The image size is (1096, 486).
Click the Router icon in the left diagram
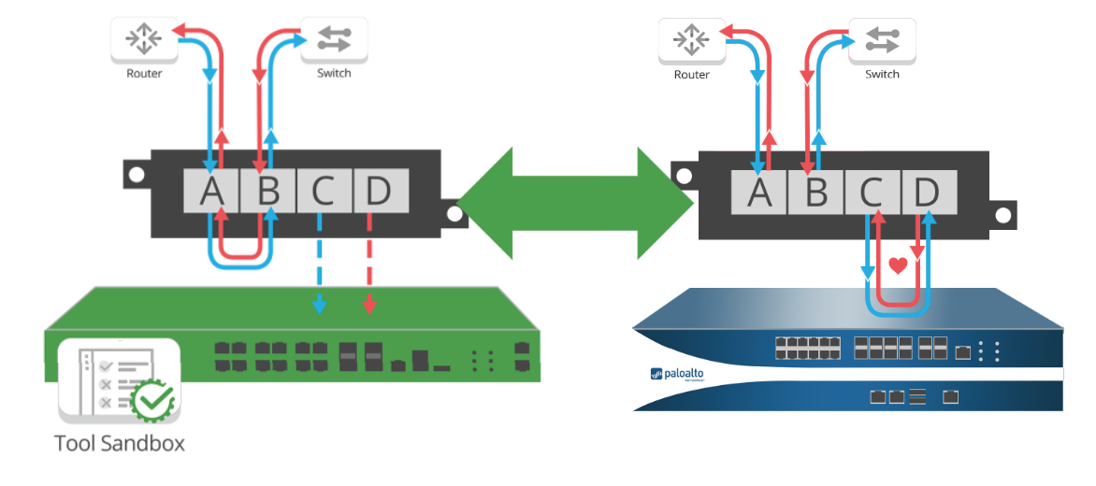tap(143, 38)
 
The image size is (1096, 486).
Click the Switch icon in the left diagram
tap(334, 38)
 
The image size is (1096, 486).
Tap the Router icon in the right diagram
tap(692, 40)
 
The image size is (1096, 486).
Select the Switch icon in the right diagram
tap(882, 40)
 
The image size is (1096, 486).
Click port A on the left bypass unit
tap(212, 191)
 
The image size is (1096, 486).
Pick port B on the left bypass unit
tap(268, 191)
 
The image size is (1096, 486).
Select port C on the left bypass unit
tap(324, 191)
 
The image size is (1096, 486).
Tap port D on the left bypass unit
tap(379, 191)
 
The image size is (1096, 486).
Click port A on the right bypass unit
tap(760, 193)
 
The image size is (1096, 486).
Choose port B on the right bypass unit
tap(816, 193)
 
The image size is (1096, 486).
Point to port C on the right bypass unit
tap(872, 193)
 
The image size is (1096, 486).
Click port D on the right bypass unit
tap(927, 193)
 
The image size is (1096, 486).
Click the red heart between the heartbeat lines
tap(898, 265)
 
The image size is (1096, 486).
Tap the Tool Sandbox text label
tap(119, 443)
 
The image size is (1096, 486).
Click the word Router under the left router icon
tap(144, 73)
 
